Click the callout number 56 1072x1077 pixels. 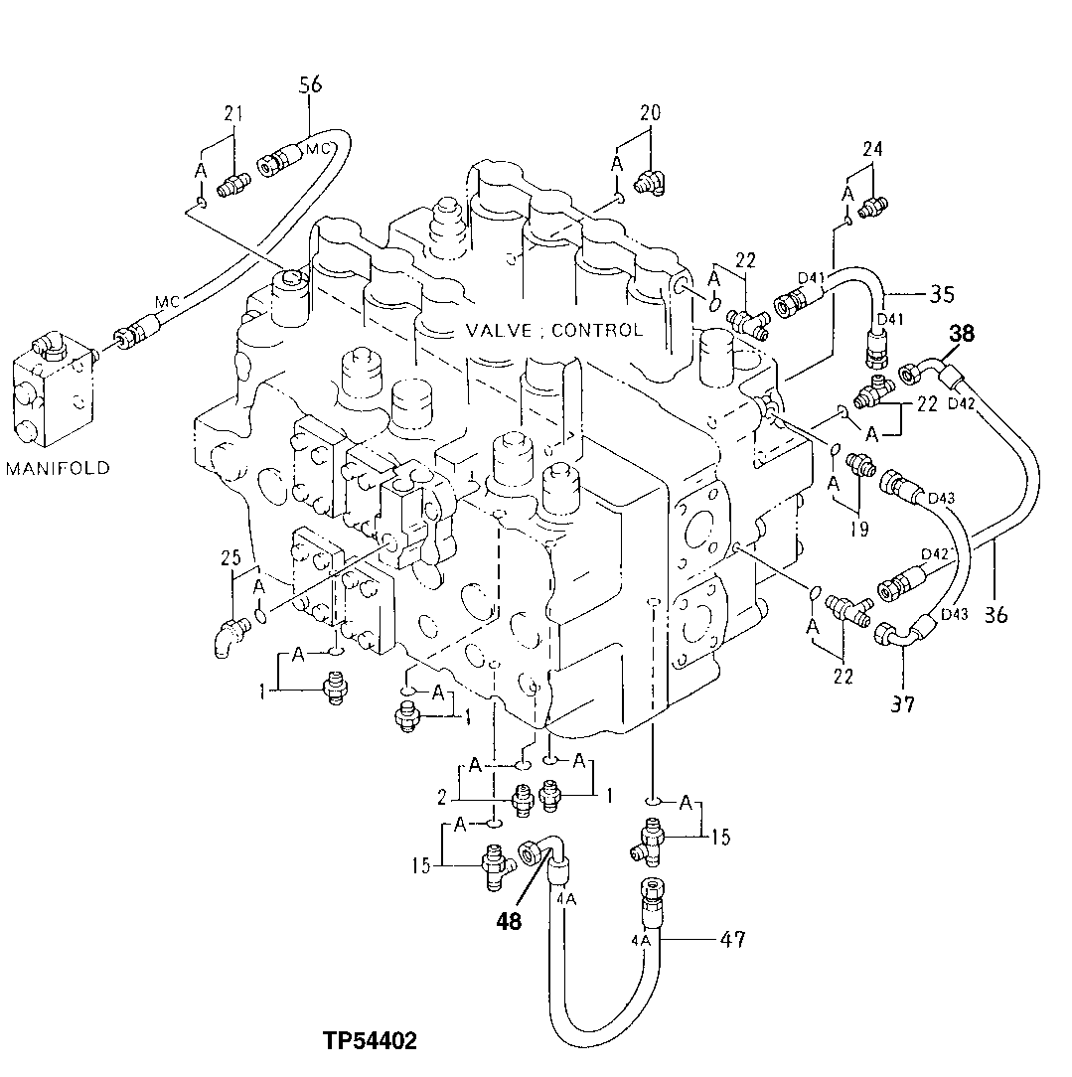pos(311,85)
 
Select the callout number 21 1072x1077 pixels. pos(233,114)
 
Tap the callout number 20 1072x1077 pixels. pos(650,113)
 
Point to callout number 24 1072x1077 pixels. pos(872,150)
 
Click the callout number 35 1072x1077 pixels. pos(942,293)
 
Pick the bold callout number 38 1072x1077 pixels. pos(961,334)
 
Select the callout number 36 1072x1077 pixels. pos(995,615)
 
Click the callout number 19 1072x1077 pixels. pos(859,529)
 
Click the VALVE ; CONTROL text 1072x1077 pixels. pos(554,330)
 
